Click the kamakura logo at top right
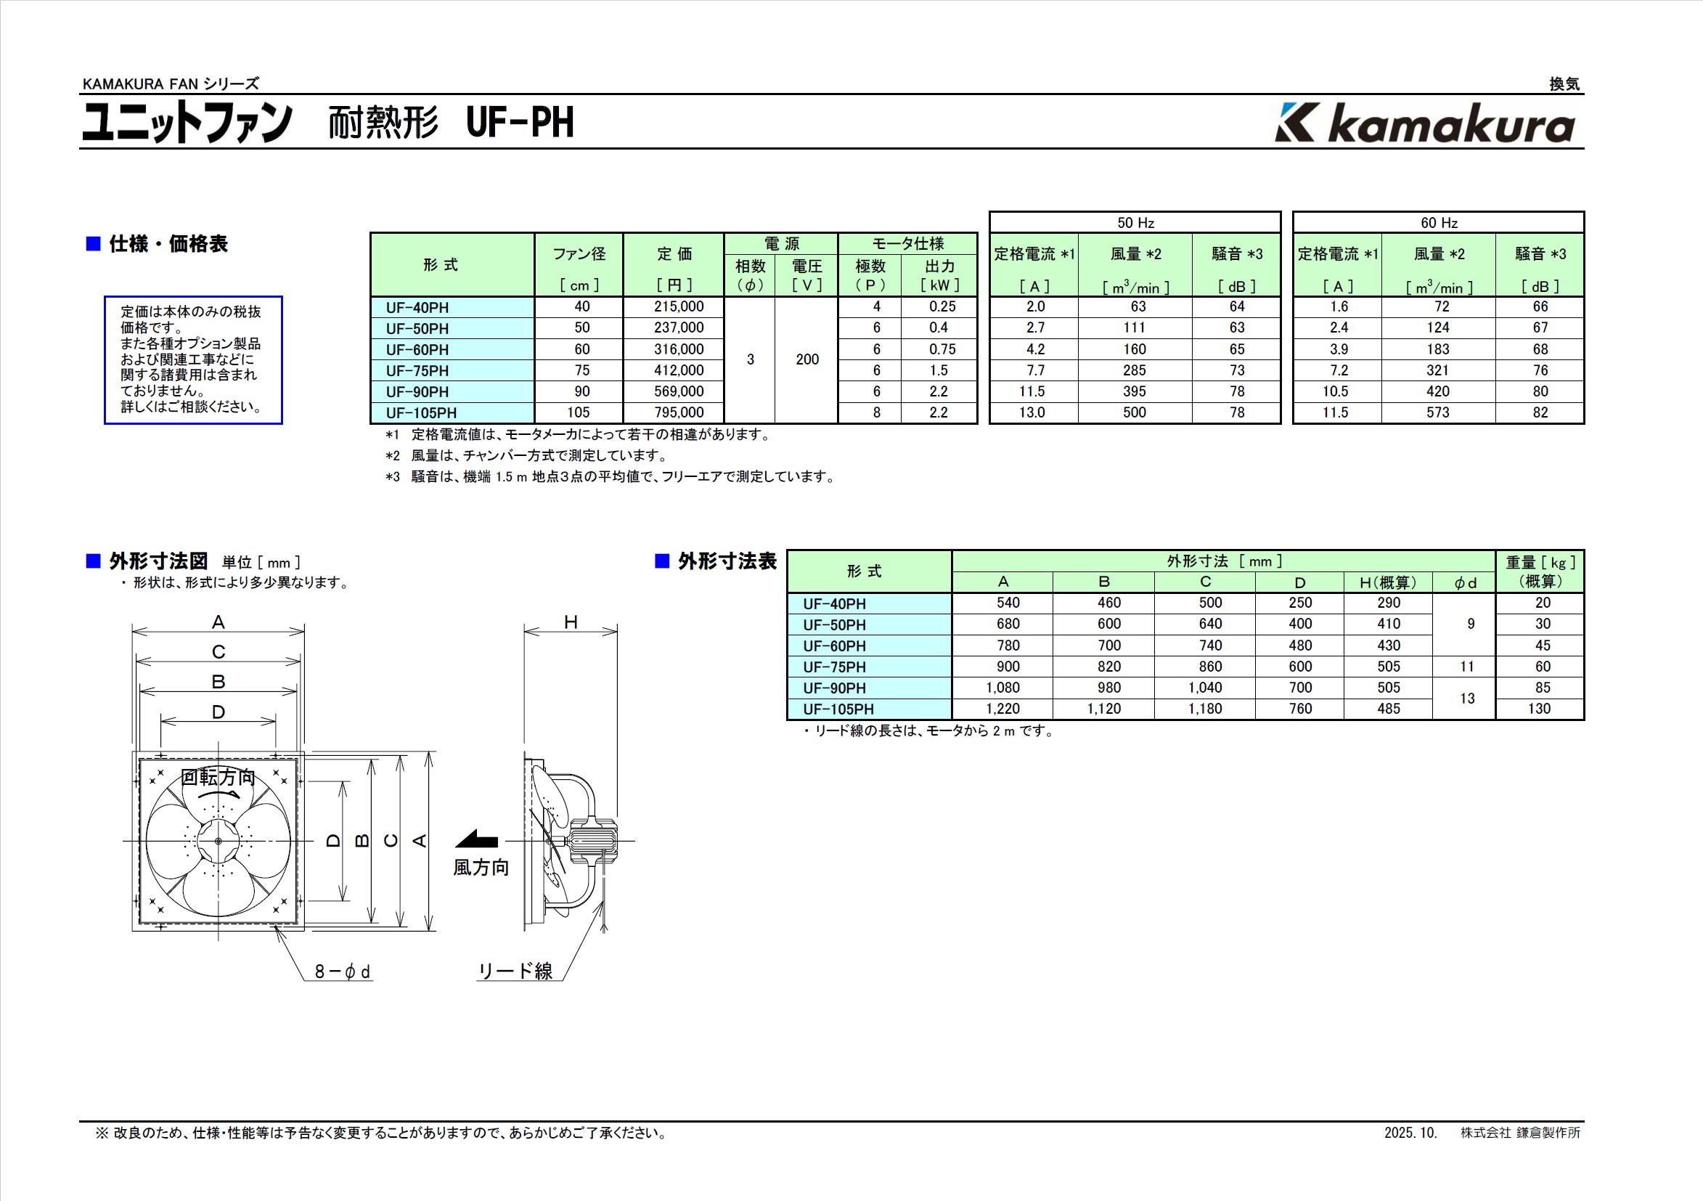[x=1424, y=123]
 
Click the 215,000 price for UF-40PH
[x=679, y=306]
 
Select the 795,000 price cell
[x=679, y=412]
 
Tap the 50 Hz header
[x=1135, y=222]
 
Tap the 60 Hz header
[x=1439, y=222]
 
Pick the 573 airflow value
[x=1437, y=412]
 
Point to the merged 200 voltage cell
[x=807, y=359]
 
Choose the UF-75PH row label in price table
[x=417, y=371]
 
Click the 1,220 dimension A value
[x=1002, y=709]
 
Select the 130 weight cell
[x=1539, y=709]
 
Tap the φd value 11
[x=1466, y=667]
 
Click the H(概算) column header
[x=1388, y=582]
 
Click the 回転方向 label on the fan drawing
[x=218, y=777]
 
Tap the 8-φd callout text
[x=342, y=971]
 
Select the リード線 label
[x=515, y=971]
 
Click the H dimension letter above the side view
[x=571, y=622]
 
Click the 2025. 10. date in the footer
[x=1410, y=1133]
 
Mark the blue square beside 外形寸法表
[x=662, y=561]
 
